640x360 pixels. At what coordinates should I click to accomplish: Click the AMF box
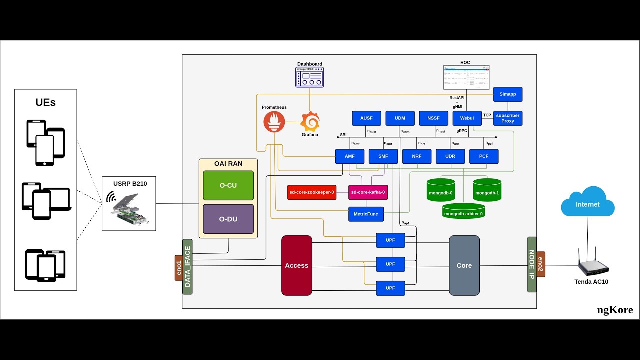point(350,156)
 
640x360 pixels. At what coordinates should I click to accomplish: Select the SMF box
point(383,156)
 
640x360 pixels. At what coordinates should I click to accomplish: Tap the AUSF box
point(366,118)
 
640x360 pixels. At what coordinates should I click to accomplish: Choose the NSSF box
point(433,118)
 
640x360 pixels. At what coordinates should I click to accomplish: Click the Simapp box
point(508,94)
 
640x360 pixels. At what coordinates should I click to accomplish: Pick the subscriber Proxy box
point(508,118)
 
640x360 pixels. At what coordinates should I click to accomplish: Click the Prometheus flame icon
point(274,122)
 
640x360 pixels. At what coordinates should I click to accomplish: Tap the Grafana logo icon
point(310,122)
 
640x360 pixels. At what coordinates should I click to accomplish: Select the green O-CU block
point(228,185)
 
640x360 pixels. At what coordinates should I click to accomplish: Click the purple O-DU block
point(228,219)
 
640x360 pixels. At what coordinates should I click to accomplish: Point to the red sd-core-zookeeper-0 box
point(312,192)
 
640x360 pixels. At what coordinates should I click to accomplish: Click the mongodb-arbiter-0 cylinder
point(463,211)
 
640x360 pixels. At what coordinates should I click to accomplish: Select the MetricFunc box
point(366,214)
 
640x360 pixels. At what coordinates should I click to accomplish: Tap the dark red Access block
point(297,265)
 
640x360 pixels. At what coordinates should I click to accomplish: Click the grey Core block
point(464,265)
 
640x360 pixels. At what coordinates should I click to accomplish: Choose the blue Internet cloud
point(588,202)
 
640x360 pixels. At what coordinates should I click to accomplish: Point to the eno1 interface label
point(178,267)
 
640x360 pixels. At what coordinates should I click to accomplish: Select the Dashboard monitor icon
point(309,78)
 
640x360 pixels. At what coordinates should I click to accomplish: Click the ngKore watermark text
point(615,310)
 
